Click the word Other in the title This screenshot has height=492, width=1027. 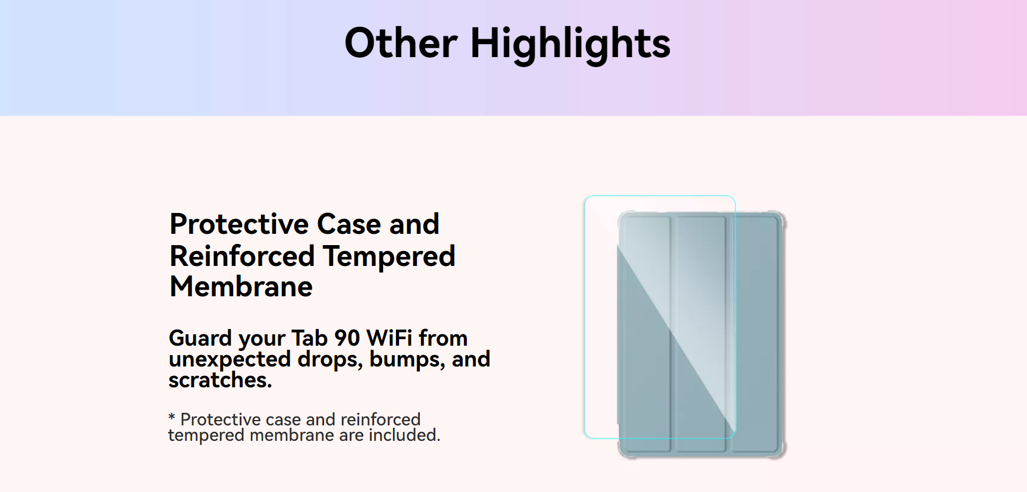pos(401,43)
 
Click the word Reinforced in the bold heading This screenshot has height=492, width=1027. pos(242,256)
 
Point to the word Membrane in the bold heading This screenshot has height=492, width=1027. pos(241,287)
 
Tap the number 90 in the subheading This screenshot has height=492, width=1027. pos(347,338)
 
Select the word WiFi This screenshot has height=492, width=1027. pos(390,338)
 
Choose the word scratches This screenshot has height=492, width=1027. pos(220,380)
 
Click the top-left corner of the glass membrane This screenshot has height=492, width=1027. pos(585,196)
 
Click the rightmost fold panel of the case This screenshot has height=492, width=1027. pos(754,333)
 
